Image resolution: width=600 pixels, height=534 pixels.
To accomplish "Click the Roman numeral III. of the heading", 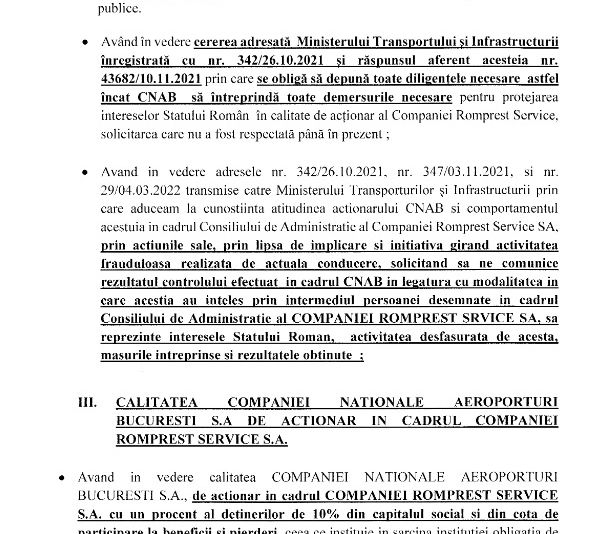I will (x=87, y=402).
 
